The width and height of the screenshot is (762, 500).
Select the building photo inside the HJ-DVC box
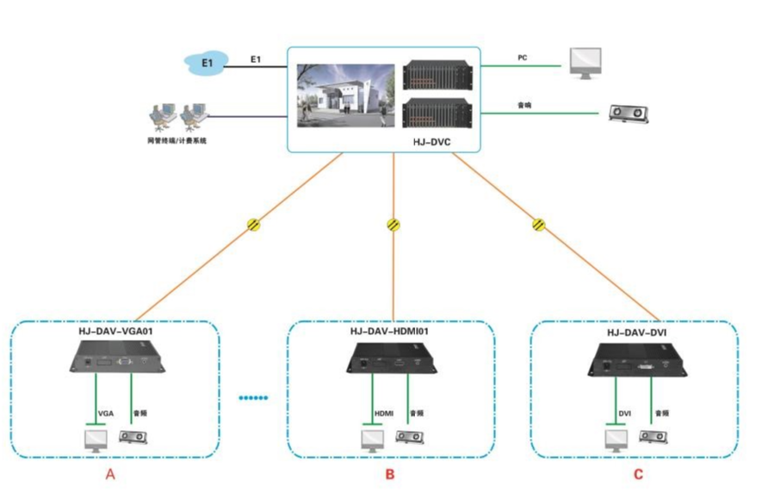click(x=344, y=94)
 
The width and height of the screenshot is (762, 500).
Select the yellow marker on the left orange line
click(x=254, y=225)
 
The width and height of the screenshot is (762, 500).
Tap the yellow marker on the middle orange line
click(x=393, y=225)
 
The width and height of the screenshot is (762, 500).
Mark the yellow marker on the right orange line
click(x=539, y=225)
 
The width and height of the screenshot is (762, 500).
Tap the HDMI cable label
click(x=383, y=414)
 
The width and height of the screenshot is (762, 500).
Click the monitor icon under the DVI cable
click(x=616, y=441)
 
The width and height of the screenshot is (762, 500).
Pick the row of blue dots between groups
click(x=254, y=398)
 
